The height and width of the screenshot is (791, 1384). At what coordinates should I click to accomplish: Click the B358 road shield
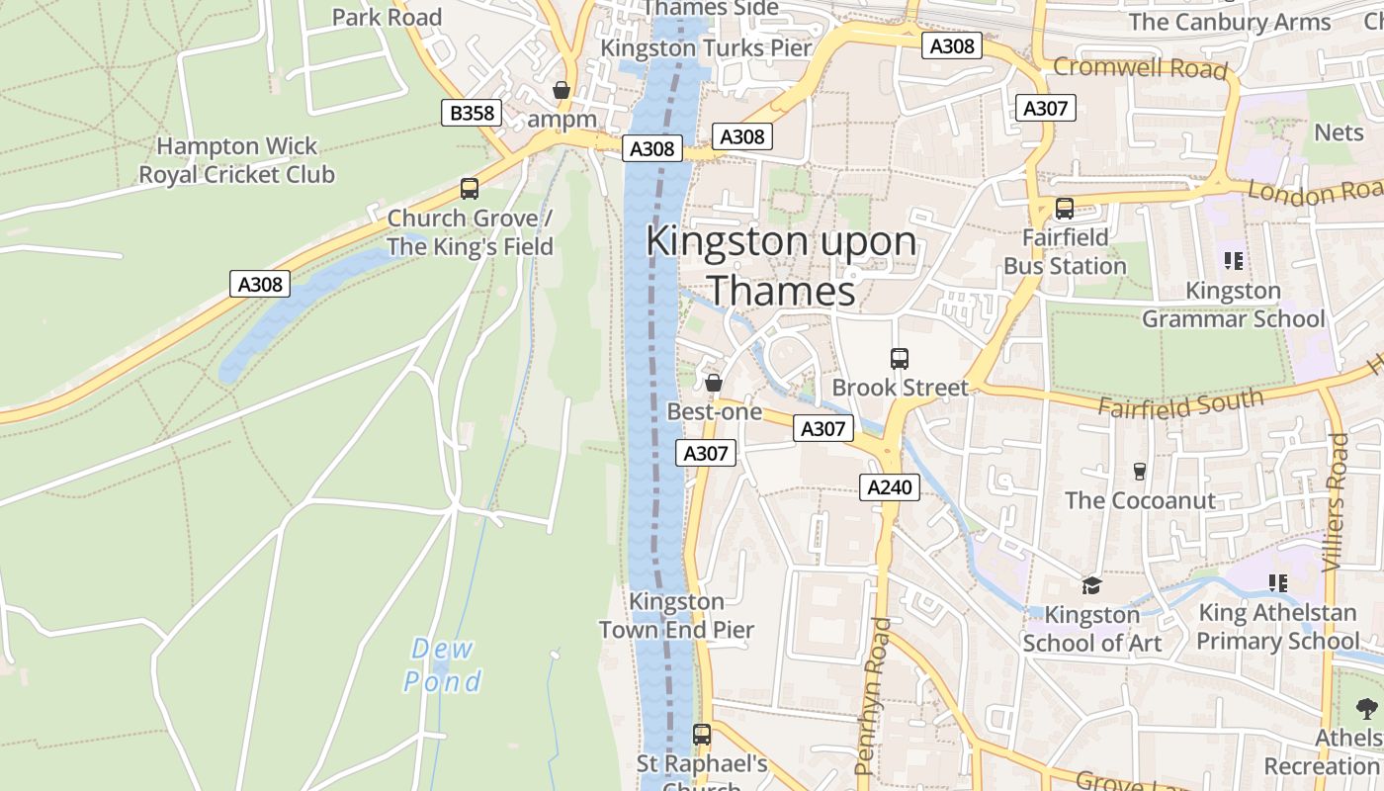point(472,113)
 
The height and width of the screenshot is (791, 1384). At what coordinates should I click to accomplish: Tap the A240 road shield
point(890,486)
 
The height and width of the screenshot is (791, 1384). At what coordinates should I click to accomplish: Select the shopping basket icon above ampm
point(562,90)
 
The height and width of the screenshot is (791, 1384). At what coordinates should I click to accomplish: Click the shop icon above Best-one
point(713,382)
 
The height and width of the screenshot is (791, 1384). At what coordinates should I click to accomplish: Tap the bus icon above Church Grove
point(470,188)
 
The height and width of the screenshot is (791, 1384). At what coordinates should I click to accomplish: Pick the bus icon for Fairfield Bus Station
point(1065,209)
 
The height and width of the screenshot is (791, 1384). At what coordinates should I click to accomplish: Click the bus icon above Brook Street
point(899,358)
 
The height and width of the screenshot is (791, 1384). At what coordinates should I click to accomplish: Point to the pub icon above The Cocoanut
point(1140,471)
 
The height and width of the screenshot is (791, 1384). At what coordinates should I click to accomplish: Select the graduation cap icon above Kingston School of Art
point(1091,585)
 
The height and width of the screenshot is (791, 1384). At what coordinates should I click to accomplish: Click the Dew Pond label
point(442,665)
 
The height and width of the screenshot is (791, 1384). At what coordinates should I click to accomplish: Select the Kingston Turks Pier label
point(706,47)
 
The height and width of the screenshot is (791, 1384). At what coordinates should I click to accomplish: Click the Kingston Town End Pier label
point(677,615)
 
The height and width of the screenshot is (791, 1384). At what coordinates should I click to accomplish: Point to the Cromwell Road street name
point(1140,68)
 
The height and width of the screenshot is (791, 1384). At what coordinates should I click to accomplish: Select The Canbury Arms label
point(1230,22)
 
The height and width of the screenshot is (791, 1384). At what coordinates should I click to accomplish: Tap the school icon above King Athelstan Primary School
point(1277,583)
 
